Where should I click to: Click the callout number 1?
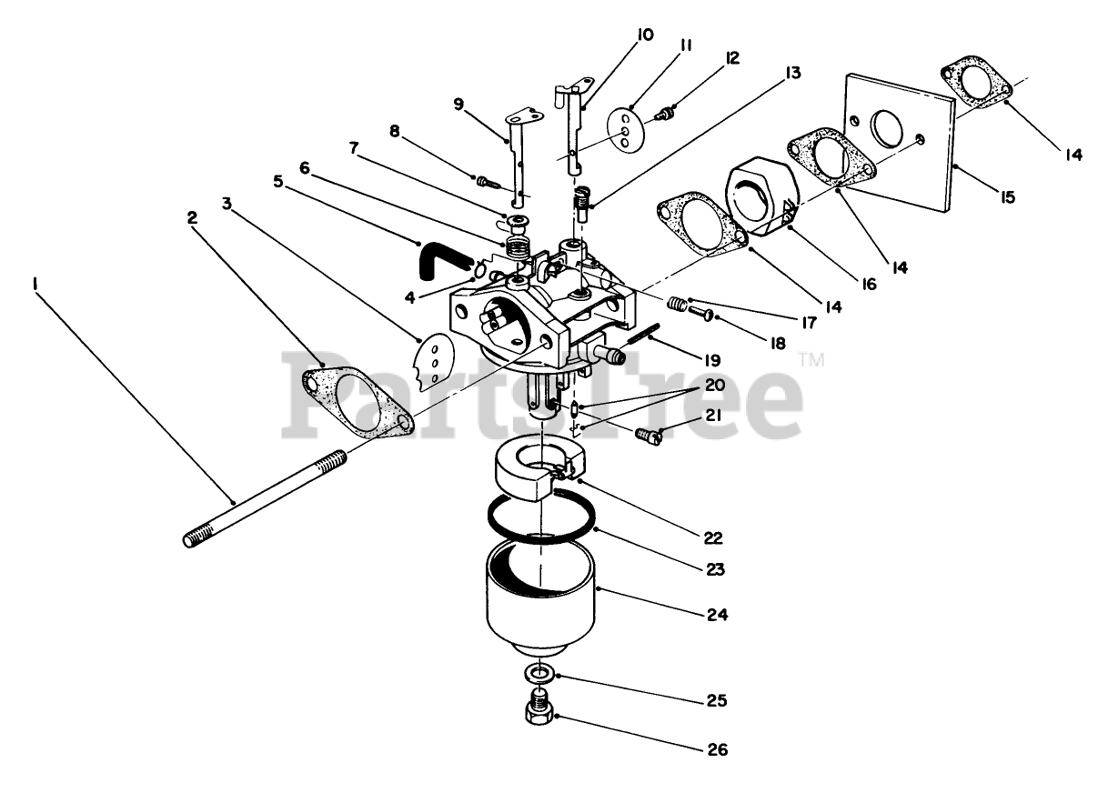coord(35,285)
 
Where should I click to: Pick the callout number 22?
coord(712,537)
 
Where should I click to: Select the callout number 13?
coord(794,73)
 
